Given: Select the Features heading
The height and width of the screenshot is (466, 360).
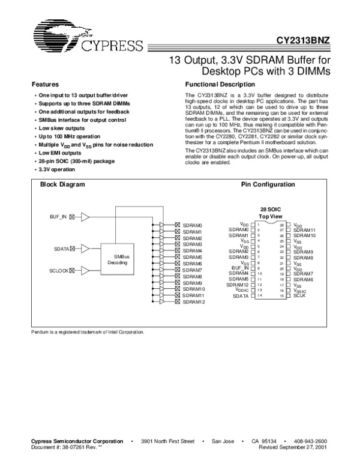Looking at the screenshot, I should point(44,85).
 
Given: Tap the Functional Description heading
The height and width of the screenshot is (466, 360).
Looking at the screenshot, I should point(221,85).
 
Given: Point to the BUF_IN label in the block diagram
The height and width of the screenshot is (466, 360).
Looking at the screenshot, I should point(58,216).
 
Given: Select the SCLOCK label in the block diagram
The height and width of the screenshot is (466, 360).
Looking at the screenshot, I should point(59,271).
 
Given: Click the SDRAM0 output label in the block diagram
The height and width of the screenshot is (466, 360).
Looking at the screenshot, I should point(192,225).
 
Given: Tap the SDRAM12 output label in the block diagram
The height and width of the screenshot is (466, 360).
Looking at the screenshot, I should point(193,301).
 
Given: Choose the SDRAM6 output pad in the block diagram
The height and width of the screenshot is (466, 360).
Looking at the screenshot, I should point(178,264).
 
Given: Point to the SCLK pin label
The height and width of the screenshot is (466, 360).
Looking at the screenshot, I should point(300,296).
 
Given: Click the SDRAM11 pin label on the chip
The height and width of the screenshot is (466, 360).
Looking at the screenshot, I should point(305,230).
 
